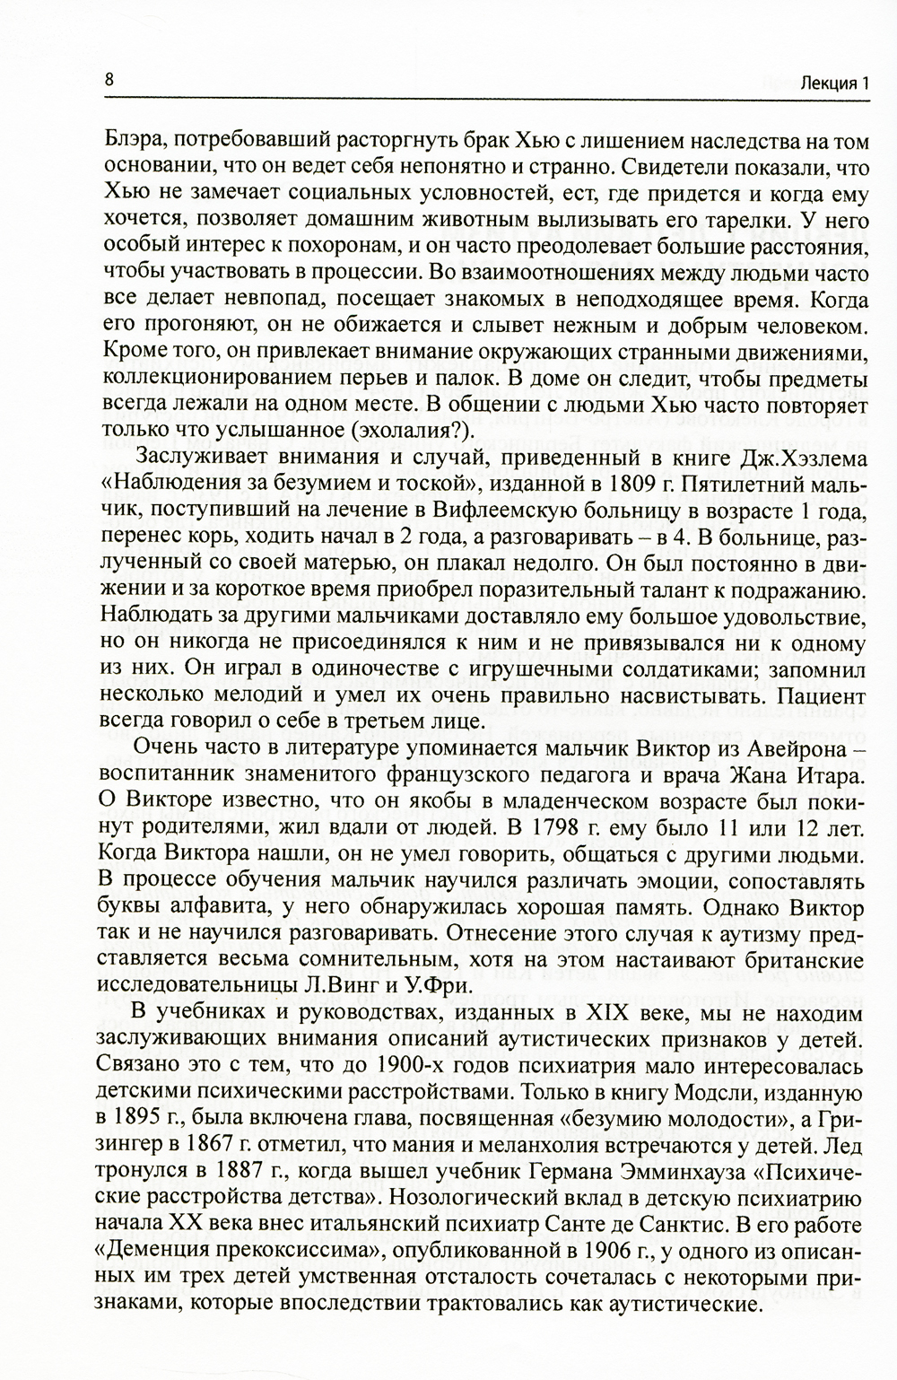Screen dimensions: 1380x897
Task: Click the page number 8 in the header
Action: click(109, 80)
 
